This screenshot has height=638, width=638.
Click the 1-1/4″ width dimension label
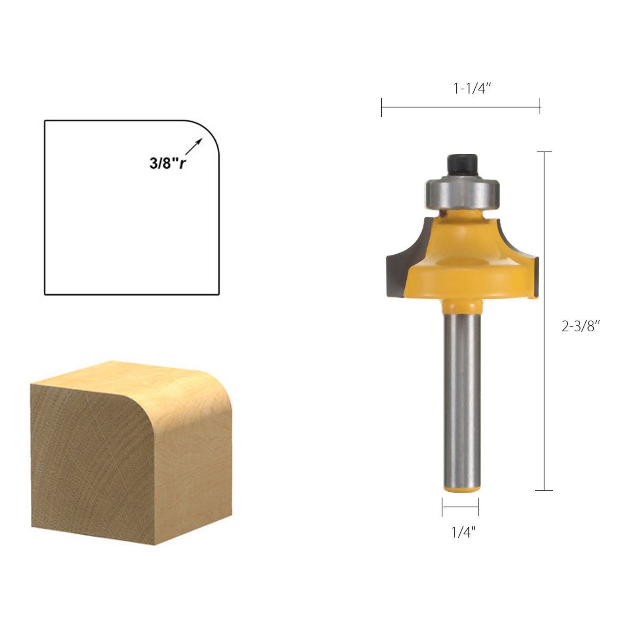pyautogui.click(x=472, y=88)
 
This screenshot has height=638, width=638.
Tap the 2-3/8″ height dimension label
pyautogui.click(x=581, y=326)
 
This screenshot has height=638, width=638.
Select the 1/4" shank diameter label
pyautogui.click(x=463, y=532)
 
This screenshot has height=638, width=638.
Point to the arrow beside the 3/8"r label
pyautogui.click(x=194, y=146)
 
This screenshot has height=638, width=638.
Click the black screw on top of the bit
pyautogui.click(x=462, y=164)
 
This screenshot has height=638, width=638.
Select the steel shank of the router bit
pyautogui.click(x=462, y=399)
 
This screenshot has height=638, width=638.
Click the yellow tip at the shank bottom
pyautogui.click(x=462, y=488)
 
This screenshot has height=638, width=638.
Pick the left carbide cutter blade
pyautogui.click(x=403, y=263)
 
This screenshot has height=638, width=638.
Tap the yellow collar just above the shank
pyautogui.click(x=462, y=306)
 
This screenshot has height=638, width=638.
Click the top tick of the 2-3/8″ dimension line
pyautogui.click(x=544, y=152)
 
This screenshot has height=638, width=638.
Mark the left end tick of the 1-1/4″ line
pyautogui.click(x=382, y=107)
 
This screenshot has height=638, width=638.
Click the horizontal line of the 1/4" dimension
pyautogui.click(x=460, y=507)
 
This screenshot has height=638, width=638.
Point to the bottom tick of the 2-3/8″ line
pyautogui.click(x=544, y=490)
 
